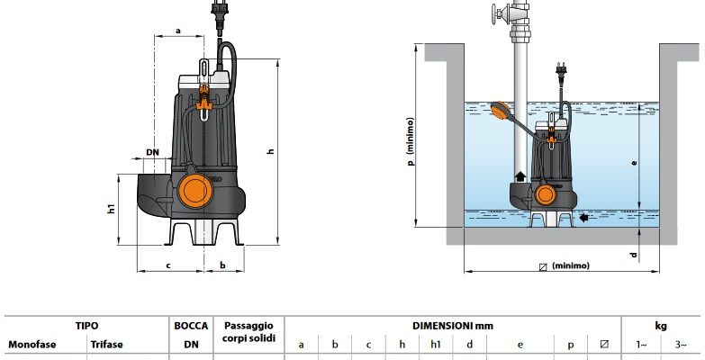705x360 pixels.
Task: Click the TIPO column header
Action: click(x=87, y=326)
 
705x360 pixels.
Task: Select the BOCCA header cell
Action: click(x=191, y=326)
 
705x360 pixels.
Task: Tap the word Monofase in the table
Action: click(x=32, y=344)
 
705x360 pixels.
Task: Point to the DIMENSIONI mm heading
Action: click(x=452, y=326)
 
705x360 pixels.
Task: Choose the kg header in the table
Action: click(x=661, y=326)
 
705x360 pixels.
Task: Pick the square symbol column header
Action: click(x=603, y=344)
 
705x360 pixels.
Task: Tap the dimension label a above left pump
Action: click(x=177, y=30)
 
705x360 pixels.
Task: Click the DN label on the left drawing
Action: click(x=152, y=152)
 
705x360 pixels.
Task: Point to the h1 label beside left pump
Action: click(x=111, y=209)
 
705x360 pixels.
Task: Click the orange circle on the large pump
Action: click(x=191, y=191)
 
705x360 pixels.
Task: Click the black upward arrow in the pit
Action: click(x=520, y=175)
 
